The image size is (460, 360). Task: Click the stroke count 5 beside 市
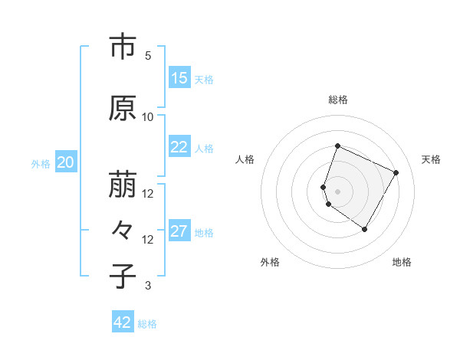[148, 56]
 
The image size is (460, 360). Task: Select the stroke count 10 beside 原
[148, 117]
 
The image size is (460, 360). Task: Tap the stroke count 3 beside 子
[148, 286]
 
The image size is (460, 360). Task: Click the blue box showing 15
[179, 78]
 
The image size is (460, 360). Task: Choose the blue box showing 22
[179, 148]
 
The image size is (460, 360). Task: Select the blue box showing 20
[66, 162]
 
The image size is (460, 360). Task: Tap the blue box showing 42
[123, 323]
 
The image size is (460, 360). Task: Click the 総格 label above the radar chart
[338, 100]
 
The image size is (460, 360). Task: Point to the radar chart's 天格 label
[431, 159]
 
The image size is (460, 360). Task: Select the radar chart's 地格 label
[402, 262]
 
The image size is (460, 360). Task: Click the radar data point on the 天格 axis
[396, 172]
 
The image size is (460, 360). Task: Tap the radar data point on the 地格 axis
[365, 229]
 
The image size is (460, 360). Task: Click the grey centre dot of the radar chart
[338, 191]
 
